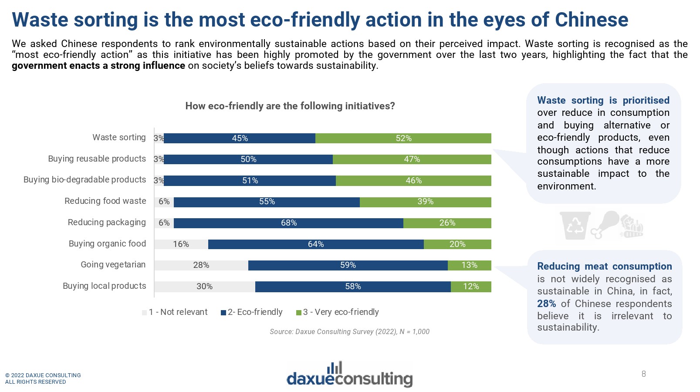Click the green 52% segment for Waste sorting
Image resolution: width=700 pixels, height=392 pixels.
tap(403, 139)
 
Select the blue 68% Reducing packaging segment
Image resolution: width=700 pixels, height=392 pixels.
tap(288, 223)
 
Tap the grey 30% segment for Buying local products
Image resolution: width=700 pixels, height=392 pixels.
tap(204, 287)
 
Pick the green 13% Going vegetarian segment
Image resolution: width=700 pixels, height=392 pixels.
tap(469, 265)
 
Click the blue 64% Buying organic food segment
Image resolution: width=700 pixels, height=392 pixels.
tap(315, 244)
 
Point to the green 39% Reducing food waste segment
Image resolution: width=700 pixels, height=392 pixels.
tap(425, 202)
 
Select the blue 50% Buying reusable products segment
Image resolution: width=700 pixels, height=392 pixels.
tap(248, 159)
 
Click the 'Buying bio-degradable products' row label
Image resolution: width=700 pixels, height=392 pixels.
tap(85, 180)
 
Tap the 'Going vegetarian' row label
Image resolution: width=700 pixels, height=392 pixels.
tap(113, 265)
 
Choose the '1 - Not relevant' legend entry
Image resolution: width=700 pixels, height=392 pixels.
tap(175, 312)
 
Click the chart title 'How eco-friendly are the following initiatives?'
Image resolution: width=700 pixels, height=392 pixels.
tap(290, 106)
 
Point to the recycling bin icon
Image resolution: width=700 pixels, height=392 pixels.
tap(575, 225)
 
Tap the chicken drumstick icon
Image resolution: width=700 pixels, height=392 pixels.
tap(605, 224)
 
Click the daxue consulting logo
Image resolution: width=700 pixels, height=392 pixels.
tap(349, 375)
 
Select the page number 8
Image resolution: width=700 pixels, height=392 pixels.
tap(643, 374)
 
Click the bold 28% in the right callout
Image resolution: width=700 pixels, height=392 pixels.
tap(546, 304)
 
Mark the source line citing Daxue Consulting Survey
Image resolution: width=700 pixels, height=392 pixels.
tap(349, 332)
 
